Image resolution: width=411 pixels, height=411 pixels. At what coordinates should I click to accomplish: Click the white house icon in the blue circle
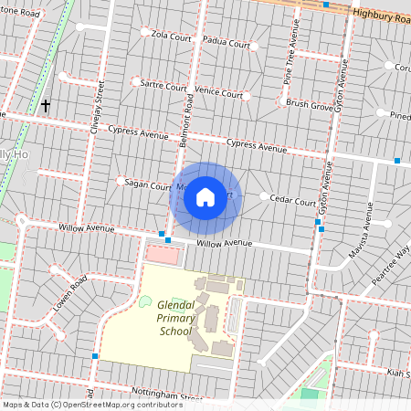(x=205, y=197)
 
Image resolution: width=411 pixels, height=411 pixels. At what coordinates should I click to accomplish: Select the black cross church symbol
(x=46, y=106)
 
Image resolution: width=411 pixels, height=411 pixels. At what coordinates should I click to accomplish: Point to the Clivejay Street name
(x=94, y=108)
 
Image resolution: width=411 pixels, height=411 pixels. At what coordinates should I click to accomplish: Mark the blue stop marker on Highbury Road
(x=326, y=5)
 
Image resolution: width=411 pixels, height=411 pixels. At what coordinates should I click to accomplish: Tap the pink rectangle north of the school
(x=158, y=253)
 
